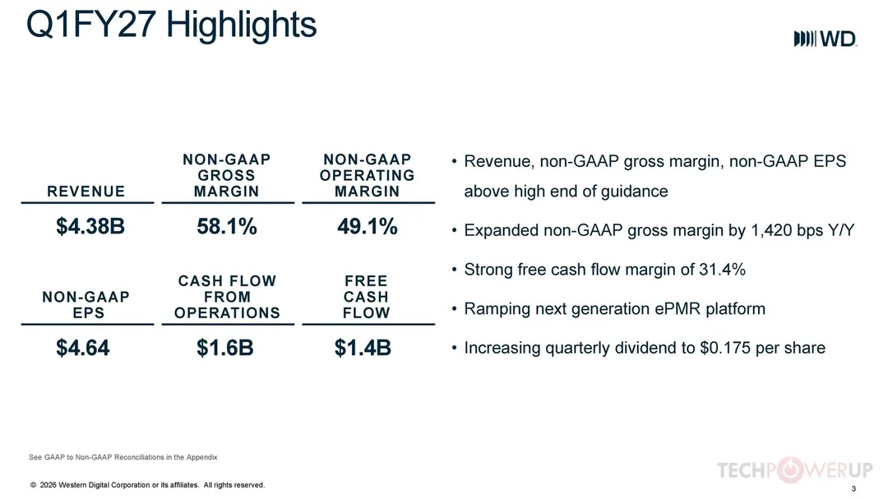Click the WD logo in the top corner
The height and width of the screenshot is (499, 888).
[826, 39]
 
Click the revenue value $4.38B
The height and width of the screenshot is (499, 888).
[90, 226]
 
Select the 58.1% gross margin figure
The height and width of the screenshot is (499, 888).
[227, 227]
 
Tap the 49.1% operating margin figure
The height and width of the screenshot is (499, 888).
[367, 227]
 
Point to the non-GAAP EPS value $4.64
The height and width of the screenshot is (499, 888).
[83, 348]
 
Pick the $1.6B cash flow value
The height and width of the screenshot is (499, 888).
[224, 348]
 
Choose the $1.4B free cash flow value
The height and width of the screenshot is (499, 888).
[363, 348]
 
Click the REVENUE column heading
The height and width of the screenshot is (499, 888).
[86, 192]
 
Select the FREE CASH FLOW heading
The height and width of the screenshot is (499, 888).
[367, 297]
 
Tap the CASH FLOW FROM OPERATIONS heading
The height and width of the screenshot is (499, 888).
[227, 297]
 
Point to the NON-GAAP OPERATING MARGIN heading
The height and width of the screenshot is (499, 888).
[367, 176]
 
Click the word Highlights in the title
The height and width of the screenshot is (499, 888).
[241, 25]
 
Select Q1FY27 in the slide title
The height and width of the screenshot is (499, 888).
[91, 25]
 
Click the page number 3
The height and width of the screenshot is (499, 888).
[853, 488]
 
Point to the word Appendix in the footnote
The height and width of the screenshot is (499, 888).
[202, 457]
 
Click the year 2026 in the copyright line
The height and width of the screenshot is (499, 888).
[49, 485]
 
